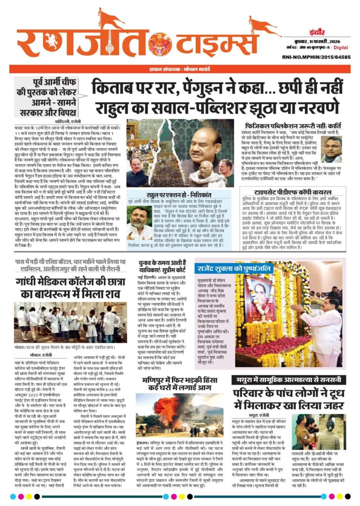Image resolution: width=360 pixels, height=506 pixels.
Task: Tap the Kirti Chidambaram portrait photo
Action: coord(331,150)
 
